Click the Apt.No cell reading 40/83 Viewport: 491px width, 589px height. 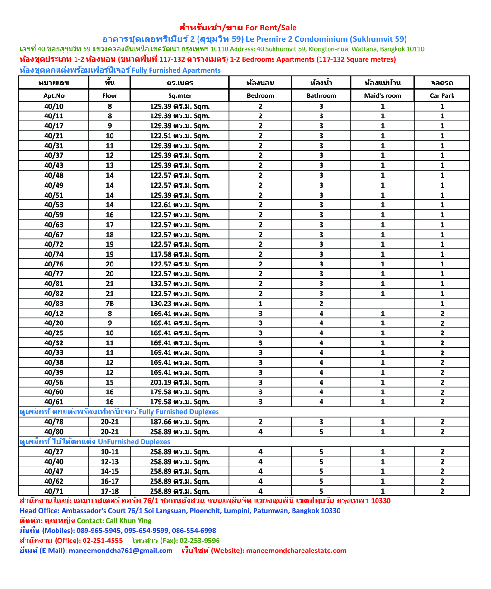pyautogui.click(x=54, y=304)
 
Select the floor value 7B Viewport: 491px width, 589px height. pyautogui.click(x=110, y=304)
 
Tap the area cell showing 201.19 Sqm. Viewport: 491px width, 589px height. pyautogui.click(x=179, y=382)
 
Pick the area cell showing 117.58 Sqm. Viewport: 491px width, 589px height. pyautogui.click(x=179, y=254)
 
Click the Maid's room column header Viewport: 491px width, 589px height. pyautogui.click(x=382, y=95)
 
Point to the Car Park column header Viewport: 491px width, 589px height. pyautogui.click(x=442, y=95)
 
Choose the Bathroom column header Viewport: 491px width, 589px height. pyautogui.click(x=321, y=95)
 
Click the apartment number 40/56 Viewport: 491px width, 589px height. pyautogui.click(x=54, y=382)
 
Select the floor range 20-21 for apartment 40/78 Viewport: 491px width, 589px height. pyautogui.click(x=110, y=422)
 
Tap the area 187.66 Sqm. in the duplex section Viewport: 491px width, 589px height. pyautogui.click(x=179, y=422)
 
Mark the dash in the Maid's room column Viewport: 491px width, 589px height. pyautogui.click(x=383, y=304)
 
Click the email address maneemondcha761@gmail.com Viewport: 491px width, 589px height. pyautogui.click(x=121, y=551)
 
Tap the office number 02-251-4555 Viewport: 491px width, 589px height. pyautogui.click(x=103, y=541)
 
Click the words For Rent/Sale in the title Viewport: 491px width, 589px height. pyautogui.click(x=271, y=28)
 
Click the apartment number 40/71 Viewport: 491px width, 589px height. pyautogui.click(x=54, y=491)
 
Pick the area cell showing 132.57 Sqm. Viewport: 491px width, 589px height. pyautogui.click(x=179, y=284)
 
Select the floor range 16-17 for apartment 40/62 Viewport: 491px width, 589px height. pyautogui.click(x=110, y=481)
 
